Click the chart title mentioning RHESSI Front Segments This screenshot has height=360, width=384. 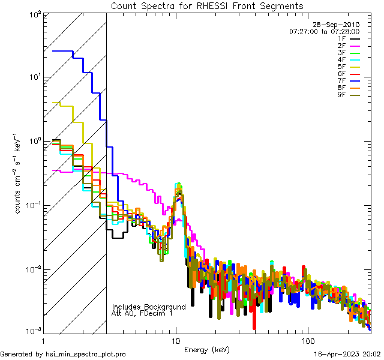(x=207, y=6)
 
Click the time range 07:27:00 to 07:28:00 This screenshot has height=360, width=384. (x=324, y=31)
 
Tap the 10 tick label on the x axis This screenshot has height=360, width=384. (x=176, y=340)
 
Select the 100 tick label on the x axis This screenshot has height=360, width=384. (x=307, y=340)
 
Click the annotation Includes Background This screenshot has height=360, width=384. (x=149, y=307)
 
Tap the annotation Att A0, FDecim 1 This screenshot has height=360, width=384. (x=142, y=313)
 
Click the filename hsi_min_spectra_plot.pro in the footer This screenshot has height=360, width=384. (x=86, y=354)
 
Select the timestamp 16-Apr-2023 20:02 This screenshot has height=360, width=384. (x=347, y=354)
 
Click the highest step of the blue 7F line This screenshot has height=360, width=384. (x=62, y=52)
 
